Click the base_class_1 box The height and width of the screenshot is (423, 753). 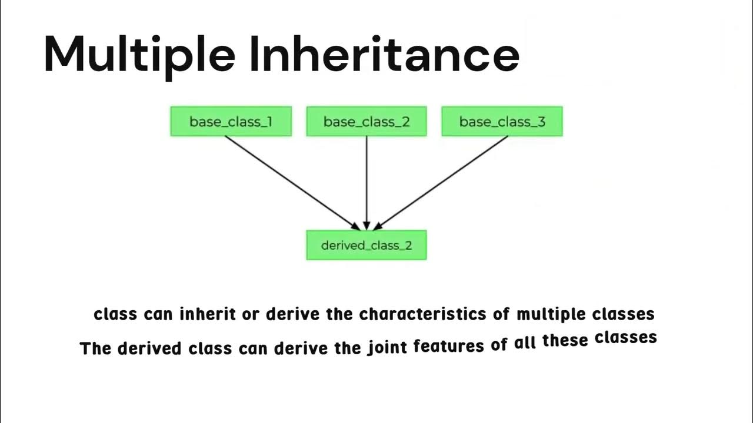point(231,122)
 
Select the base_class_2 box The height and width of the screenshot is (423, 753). point(366,122)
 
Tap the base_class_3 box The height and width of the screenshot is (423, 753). point(502,122)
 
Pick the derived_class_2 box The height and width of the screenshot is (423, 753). point(366,245)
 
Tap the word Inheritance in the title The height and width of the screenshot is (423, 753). point(384,54)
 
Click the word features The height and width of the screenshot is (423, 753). point(449,347)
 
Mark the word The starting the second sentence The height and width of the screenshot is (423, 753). point(95,348)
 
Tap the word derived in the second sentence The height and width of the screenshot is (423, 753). point(150,348)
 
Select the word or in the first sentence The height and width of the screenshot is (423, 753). point(251,315)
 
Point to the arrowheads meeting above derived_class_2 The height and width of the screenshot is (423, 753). point(366,226)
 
